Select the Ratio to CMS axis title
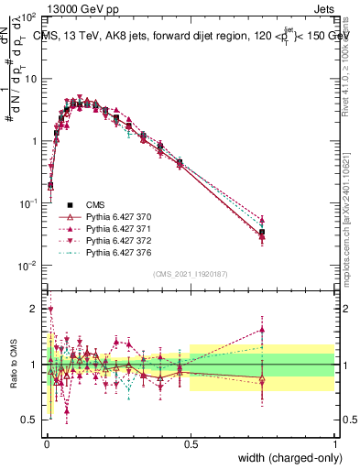[x=12, y=364]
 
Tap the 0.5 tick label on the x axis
[x=191, y=442]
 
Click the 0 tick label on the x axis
[x=46, y=442]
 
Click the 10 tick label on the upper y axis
[x=31, y=79]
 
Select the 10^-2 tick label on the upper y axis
[x=29, y=266]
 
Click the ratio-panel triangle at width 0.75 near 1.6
[x=262, y=330]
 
